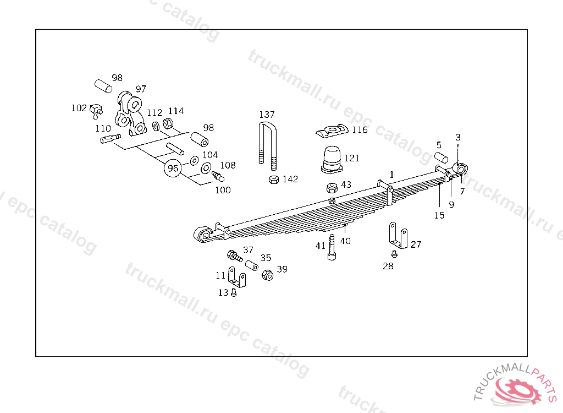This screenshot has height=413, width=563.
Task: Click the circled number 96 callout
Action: click(x=173, y=168)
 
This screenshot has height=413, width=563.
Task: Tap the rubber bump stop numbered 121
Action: click(x=332, y=156)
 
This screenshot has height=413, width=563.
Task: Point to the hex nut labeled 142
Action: click(x=273, y=180)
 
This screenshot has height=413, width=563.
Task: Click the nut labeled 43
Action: click(x=332, y=187)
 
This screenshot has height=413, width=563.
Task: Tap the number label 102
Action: click(x=79, y=108)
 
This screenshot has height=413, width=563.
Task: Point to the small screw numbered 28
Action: click(x=394, y=254)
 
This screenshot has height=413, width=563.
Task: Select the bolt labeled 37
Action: click(x=234, y=256)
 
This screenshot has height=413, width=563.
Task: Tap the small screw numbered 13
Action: click(x=234, y=293)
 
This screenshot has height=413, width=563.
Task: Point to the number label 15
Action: click(x=439, y=215)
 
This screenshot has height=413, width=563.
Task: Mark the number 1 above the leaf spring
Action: click(x=391, y=175)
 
